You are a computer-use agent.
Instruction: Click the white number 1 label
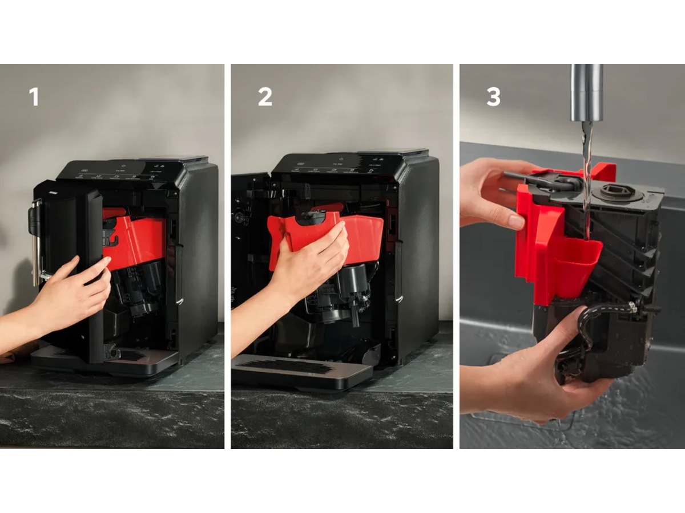coord(34,96)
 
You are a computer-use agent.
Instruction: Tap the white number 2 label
coord(265,96)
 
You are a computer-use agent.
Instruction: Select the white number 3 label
coord(493,96)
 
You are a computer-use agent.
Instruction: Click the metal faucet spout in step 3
coord(587,91)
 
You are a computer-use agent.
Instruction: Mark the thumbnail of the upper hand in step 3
coord(516,222)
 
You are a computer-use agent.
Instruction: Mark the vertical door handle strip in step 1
coord(94,274)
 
